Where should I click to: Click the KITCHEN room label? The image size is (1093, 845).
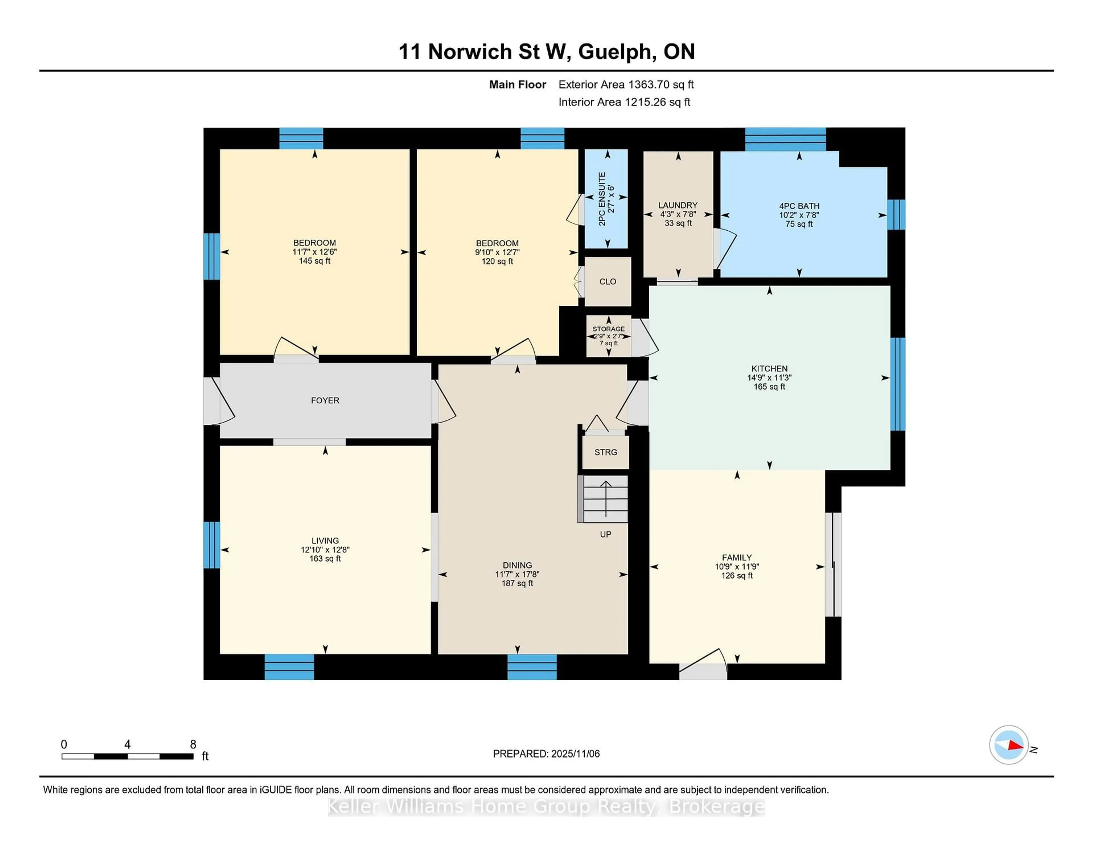pyautogui.click(x=769, y=368)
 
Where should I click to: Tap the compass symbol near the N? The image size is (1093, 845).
pyautogui.click(x=1008, y=744)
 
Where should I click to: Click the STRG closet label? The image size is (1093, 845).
pyautogui.click(x=605, y=452)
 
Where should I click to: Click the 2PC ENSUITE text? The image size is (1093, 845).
pyautogui.click(x=603, y=199)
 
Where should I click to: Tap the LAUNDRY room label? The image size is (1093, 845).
pyautogui.click(x=678, y=205)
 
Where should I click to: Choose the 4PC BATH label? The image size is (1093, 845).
pyautogui.click(x=799, y=206)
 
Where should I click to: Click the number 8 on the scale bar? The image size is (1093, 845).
pyautogui.click(x=193, y=744)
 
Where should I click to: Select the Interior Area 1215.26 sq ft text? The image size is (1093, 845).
pyautogui.click(x=624, y=102)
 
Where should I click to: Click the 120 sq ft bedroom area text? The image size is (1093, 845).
pyautogui.click(x=497, y=261)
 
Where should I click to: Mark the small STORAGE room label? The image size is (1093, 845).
pyautogui.click(x=609, y=329)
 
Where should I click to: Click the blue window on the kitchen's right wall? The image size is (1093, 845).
pyautogui.click(x=898, y=384)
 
